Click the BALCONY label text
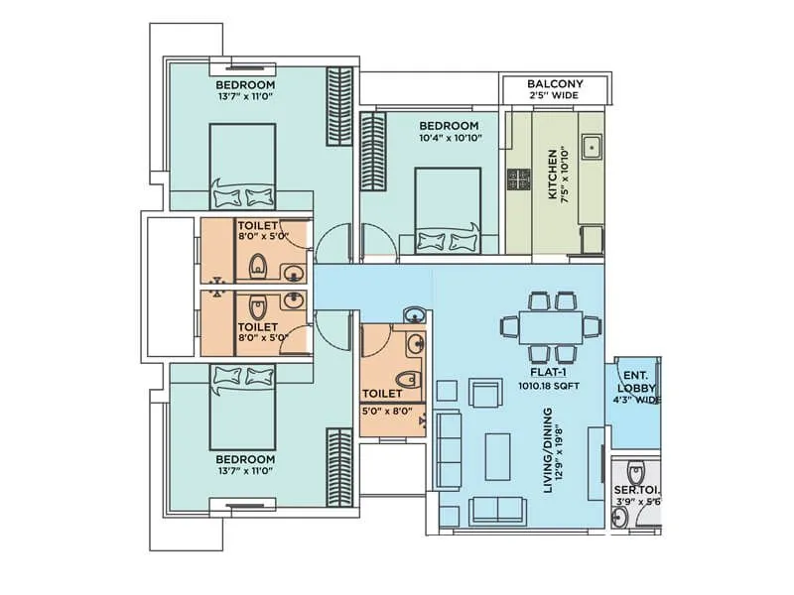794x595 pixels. [x=555, y=84]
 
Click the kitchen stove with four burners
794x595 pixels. [x=519, y=179]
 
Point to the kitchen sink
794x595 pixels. [x=591, y=147]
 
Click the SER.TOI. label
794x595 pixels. [x=635, y=490]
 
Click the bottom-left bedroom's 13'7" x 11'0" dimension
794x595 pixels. [x=245, y=473]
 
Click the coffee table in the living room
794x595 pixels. [x=497, y=455]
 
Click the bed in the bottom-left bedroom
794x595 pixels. [x=245, y=407]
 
